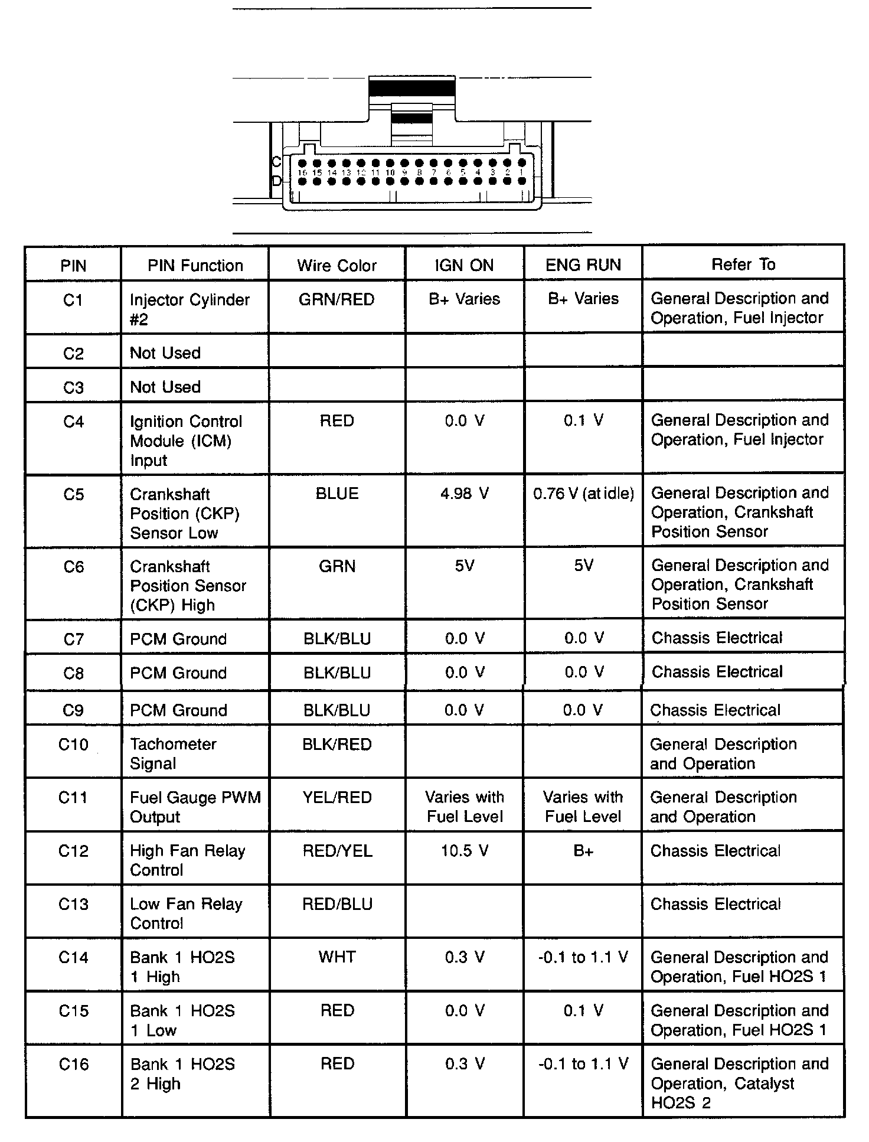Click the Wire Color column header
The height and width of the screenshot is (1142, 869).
pyautogui.click(x=337, y=265)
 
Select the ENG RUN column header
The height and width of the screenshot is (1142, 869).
pyautogui.click(x=583, y=265)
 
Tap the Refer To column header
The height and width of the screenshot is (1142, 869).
pyautogui.click(x=743, y=264)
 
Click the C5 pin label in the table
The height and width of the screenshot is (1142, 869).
pyautogui.click(x=73, y=494)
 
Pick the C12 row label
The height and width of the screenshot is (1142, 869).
pyautogui.click(x=73, y=850)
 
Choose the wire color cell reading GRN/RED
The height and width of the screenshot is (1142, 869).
pyautogui.click(x=337, y=299)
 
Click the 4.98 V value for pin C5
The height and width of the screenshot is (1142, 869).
pyautogui.click(x=464, y=493)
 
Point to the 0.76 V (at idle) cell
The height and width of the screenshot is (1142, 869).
pyautogui.click(x=583, y=493)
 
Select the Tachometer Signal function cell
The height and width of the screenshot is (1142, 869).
pyautogui.click(x=173, y=753)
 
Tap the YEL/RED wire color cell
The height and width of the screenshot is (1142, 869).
pyautogui.click(x=337, y=797)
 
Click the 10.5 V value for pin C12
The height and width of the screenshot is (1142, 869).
pyautogui.click(x=464, y=850)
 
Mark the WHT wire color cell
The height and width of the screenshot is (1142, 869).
pyautogui.click(x=337, y=957)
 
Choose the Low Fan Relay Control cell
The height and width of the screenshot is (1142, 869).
pyautogui.click(x=186, y=913)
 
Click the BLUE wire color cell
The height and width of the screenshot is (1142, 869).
pyautogui.click(x=337, y=493)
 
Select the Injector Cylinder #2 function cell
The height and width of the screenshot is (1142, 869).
pyautogui.click(x=190, y=309)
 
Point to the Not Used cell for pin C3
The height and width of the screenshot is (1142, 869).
pyautogui.click(x=165, y=387)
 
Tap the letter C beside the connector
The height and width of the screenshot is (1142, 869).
pyautogui.click(x=276, y=162)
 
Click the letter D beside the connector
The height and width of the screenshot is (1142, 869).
pyautogui.click(x=276, y=181)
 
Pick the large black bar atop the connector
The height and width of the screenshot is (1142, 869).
pyautogui.click(x=411, y=87)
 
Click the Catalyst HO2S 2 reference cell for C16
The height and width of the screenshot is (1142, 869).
pyautogui.click(x=739, y=1083)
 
